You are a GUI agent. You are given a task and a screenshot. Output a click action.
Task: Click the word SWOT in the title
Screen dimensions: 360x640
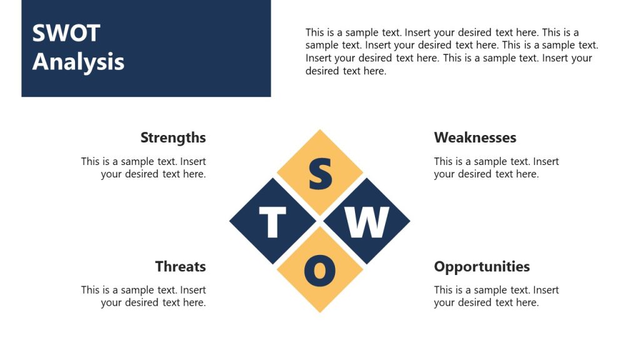pos(66,33)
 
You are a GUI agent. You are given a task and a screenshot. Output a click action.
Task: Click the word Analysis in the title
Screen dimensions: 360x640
pos(78,62)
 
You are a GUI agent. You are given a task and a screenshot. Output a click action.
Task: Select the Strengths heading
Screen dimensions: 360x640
pos(173,137)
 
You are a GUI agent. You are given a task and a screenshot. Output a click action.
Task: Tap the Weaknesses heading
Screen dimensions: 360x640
pos(475,137)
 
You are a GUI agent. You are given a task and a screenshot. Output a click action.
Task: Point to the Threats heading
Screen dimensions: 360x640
pos(181,266)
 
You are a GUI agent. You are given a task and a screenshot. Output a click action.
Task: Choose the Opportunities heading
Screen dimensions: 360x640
pos(482,266)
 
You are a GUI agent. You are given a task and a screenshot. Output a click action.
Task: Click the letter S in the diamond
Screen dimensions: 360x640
pos(320,174)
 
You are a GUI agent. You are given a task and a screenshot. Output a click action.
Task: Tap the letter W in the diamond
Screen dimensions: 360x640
pos(367,222)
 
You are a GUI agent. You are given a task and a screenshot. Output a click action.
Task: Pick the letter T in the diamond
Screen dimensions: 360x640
pos(272,222)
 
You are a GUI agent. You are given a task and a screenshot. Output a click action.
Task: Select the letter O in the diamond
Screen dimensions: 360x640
pos(320,270)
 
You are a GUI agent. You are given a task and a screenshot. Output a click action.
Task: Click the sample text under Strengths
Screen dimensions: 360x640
pos(144,167)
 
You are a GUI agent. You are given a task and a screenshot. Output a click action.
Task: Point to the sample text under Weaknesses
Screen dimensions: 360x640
pos(496,167)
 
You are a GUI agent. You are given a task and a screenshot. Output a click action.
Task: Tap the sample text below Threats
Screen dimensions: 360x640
pos(144,296)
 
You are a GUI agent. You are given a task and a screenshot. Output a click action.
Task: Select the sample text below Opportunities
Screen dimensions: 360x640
pos(496,296)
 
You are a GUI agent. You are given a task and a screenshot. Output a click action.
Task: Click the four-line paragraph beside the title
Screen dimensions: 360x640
pos(451,51)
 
